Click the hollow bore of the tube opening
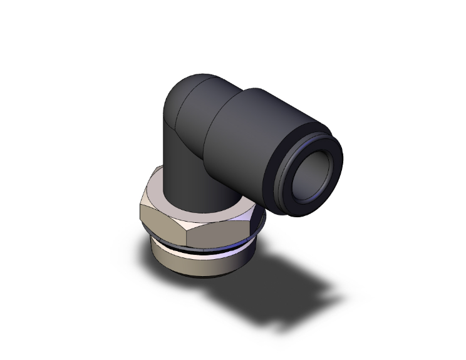pos(313,178)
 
